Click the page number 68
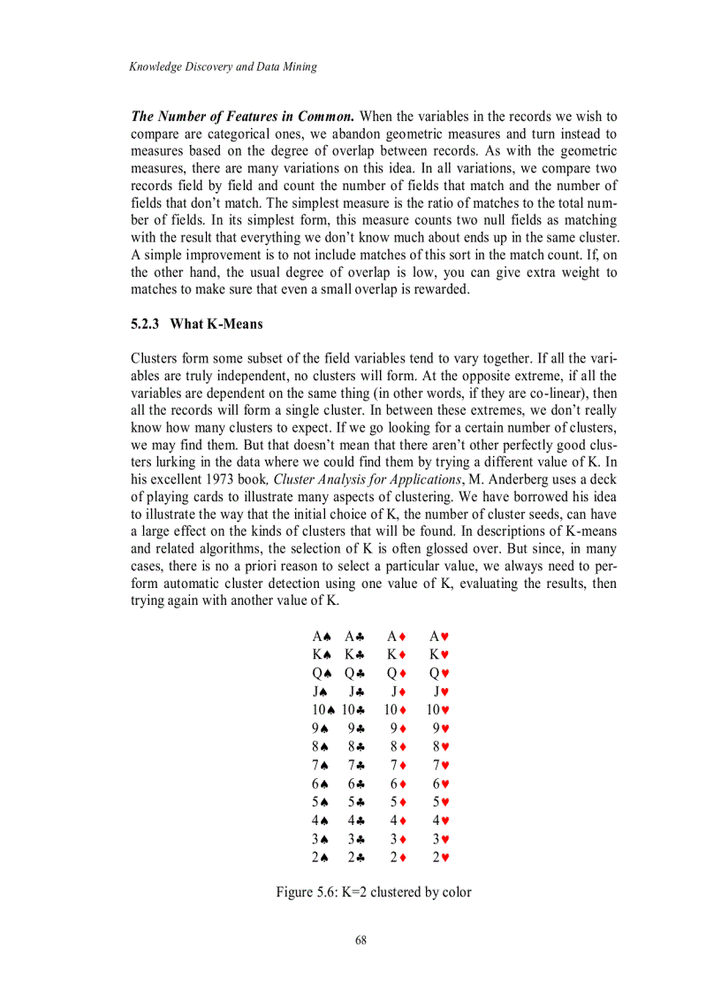(x=360, y=940)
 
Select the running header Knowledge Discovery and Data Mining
(x=222, y=66)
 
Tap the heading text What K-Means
(x=216, y=324)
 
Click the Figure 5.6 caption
(x=373, y=892)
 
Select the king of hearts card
(x=439, y=655)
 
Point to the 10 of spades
(x=323, y=710)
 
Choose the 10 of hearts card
(x=439, y=710)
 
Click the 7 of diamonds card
(x=397, y=765)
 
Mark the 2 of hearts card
(x=439, y=856)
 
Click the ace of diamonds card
(x=397, y=637)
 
